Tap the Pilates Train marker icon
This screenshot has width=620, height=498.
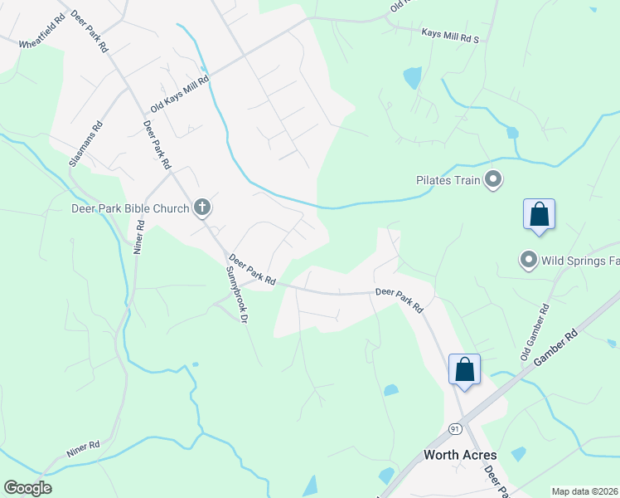493,179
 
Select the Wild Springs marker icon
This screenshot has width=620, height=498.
528,261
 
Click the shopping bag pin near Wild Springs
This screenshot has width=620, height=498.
539,214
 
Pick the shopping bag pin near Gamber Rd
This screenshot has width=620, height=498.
464,369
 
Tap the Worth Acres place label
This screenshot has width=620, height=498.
460,455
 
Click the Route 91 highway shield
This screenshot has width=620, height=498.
455,428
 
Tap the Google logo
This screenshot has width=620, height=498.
27,488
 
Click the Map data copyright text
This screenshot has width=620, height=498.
584,491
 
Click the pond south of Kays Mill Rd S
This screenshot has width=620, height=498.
411,78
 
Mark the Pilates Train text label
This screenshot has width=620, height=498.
448,180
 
